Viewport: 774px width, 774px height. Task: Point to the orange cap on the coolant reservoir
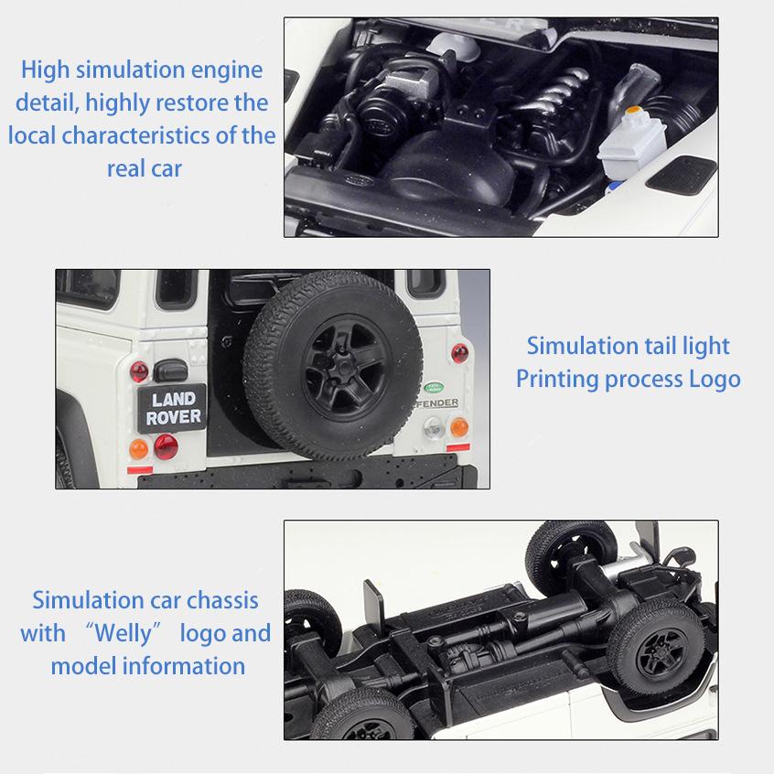click(633, 110)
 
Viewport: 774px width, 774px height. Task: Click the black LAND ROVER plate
click(172, 408)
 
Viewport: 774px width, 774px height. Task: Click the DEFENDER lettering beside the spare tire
click(437, 403)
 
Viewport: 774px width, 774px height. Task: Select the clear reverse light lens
click(434, 427)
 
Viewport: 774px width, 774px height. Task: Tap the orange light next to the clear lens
click(459, 427)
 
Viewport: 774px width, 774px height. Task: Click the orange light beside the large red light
click(139, 449)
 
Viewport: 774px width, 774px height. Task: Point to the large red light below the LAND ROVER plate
click(166, 446)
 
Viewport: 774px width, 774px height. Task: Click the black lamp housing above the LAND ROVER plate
click(170, 371)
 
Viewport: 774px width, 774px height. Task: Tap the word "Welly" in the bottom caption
click(123, 633)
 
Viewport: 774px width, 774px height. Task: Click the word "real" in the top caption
click(126, 169)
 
